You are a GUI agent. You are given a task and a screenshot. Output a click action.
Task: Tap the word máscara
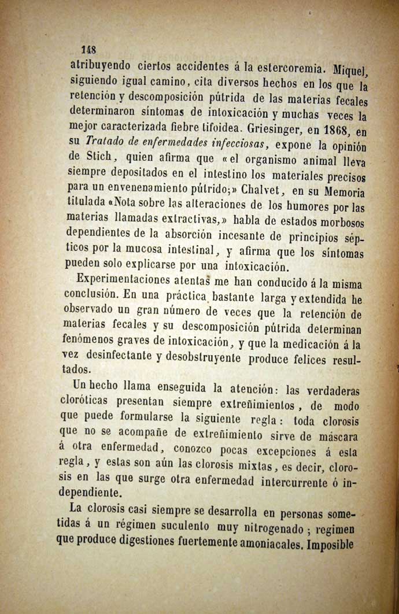338,434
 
